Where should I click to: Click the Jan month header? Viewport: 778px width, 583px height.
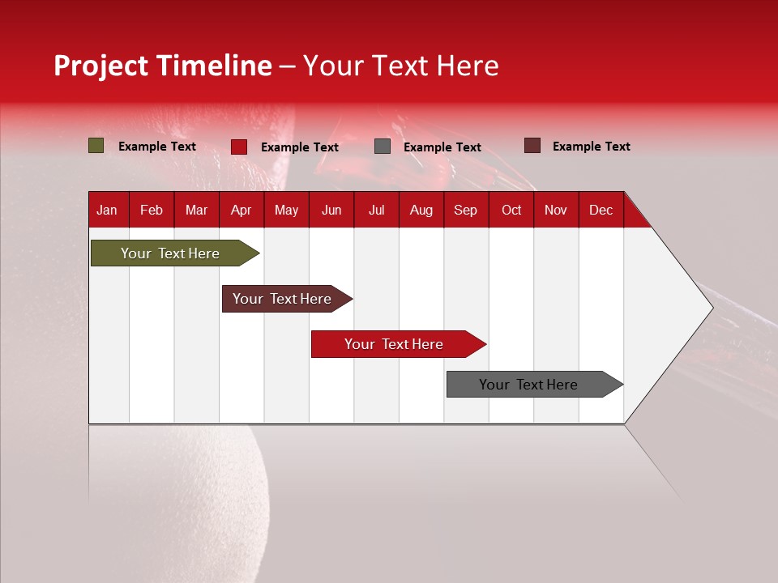(107, 210)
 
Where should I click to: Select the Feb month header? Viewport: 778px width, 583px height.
(152, 210)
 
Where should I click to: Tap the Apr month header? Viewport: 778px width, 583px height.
(241, 210)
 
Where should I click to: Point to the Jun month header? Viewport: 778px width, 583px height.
(331, 210)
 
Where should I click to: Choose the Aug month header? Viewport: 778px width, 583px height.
(421, 210)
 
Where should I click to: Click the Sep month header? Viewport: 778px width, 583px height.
(465, 210)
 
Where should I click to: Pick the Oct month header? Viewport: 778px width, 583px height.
(511, 210)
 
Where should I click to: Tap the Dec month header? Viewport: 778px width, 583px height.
(601, 210)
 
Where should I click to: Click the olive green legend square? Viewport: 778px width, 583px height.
(96, 146)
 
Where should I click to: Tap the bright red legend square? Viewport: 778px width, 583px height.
(239, 147)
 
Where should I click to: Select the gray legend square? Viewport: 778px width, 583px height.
(383, 147)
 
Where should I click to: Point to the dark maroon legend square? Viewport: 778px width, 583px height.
(532, 146)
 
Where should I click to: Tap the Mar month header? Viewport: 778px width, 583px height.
(196, 210)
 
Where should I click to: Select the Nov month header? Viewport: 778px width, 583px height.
(555, 210)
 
